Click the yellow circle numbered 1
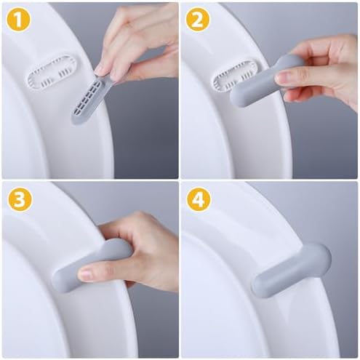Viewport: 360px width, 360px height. tap(19, 20)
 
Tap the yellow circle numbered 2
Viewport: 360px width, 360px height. tap(198, 20)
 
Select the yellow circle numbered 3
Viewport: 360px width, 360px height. tap(20, 199)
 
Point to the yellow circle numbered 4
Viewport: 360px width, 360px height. tap(199, 199)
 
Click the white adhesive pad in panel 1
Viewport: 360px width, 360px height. tap(52, 72)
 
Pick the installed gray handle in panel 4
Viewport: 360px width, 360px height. tap(291, 270)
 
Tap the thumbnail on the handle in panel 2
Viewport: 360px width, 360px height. tap(283, 79)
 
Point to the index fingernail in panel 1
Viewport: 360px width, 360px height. tap(100, 70)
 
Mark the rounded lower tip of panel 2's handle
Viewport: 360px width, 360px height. tap(239, 100)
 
